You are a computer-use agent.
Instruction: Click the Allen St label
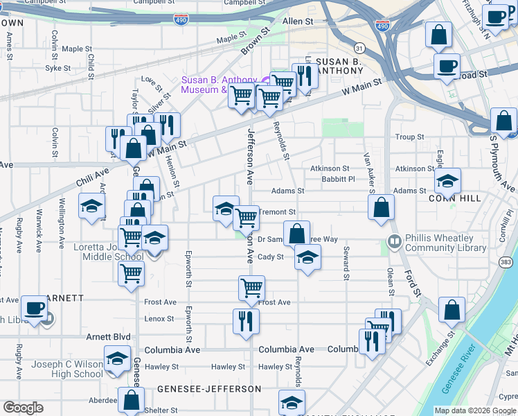click(x=298, y=22)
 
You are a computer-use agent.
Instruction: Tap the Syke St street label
click(x=58, y=68)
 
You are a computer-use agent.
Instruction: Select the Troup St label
click(x=409, y=137)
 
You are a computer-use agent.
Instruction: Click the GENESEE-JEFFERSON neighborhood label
click(x=208, y=390)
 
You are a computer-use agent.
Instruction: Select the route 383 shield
click(x=506, y=262)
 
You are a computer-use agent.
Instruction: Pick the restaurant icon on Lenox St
click(x=246, y=321)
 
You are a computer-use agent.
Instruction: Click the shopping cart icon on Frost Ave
click(x=251, y=287)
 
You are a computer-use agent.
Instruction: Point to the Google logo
click(x=24, y=407)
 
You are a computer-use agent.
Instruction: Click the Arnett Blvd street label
click(x=108, y=337)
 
